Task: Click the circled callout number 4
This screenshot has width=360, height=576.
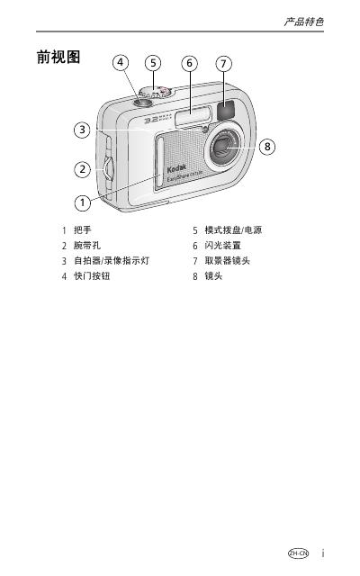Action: pos(121,63)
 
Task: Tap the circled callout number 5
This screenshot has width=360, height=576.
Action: pos(153,63)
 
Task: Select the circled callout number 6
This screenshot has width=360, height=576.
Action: pos(190,63)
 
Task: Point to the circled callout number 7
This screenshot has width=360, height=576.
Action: pos(224,64)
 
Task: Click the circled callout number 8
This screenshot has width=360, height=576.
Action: pos(267,147)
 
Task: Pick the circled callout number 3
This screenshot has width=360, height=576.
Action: pos(82,130)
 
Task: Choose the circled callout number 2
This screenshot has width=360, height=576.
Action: pos(83,169)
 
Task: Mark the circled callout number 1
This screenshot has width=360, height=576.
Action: pos(83,202)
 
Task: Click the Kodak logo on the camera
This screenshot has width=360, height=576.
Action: pos(176,169)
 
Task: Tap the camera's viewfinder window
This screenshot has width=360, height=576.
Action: pos(226,110)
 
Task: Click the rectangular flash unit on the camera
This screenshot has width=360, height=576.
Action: pos(193,116)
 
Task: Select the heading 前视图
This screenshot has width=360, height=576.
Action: pos(58,57)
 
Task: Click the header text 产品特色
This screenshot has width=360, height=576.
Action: pos(303,22)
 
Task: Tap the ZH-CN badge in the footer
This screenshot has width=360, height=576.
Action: pos(298,553)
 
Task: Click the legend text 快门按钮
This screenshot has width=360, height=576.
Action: pos(92,276)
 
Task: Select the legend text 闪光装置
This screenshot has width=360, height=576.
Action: pos(223,246)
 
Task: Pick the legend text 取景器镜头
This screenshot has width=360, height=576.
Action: pos(228,261)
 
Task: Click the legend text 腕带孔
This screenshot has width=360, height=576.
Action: pos(87,246)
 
